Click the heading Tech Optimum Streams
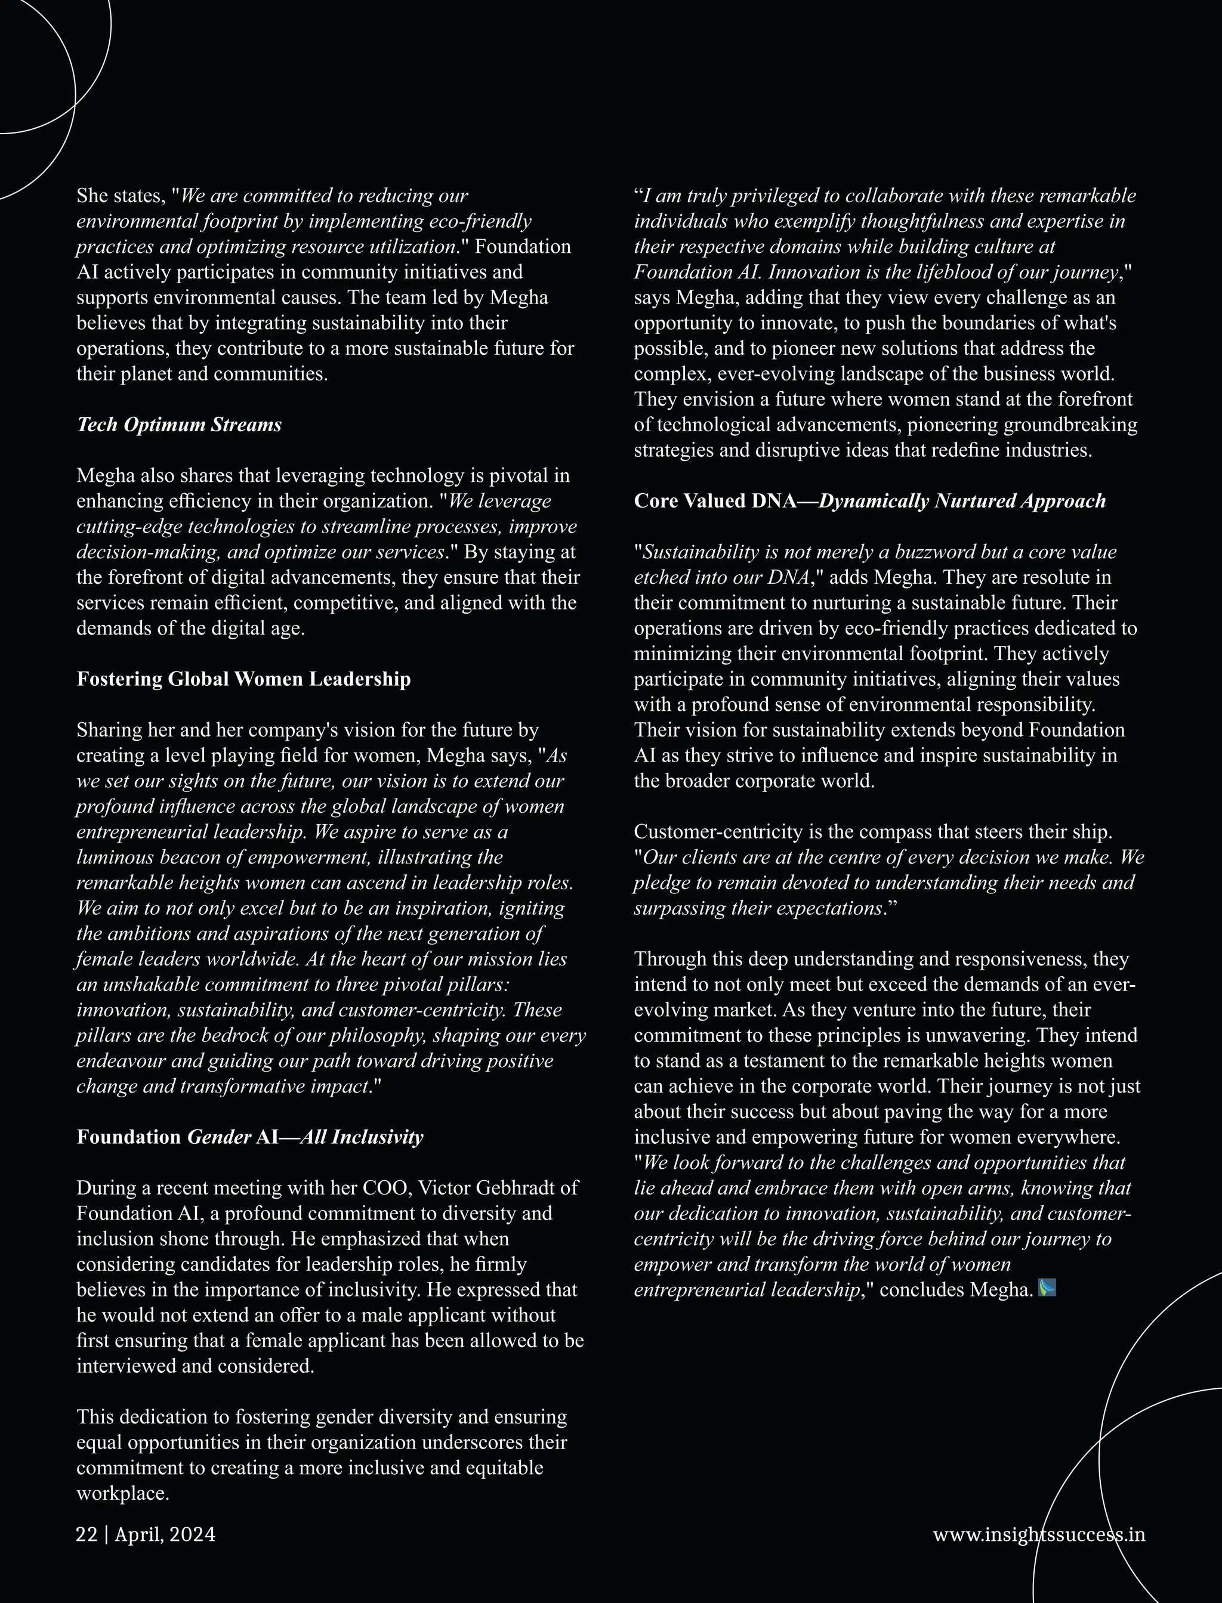pos(179,425)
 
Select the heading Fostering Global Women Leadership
pos(243,679)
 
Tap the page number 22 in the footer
pos(87,1534)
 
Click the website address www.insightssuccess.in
pos(1039,1534)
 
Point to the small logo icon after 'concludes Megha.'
pos(1047,1288)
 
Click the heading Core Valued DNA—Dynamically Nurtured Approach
pos(869,501)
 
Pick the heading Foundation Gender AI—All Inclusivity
pos(249,1137)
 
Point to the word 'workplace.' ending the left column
pos(122,1493)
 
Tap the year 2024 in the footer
pos(192,1534)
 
